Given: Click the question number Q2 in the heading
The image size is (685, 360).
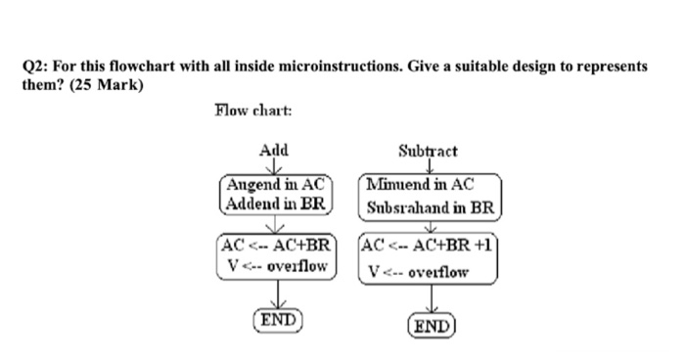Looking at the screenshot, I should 33,67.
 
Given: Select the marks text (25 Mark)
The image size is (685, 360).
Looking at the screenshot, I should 105,84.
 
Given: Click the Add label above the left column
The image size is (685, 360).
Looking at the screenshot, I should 274,151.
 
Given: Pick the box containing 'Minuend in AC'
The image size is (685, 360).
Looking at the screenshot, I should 432,195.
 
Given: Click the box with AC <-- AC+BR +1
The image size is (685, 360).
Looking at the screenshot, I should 432,256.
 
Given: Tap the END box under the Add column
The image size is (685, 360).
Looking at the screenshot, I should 279,319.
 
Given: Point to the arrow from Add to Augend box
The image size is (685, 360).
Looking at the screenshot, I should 275,165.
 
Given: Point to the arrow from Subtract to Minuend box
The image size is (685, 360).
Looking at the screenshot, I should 429,166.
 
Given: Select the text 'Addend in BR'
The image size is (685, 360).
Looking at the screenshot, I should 275,203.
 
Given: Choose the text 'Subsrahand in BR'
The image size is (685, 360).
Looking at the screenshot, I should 432,206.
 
